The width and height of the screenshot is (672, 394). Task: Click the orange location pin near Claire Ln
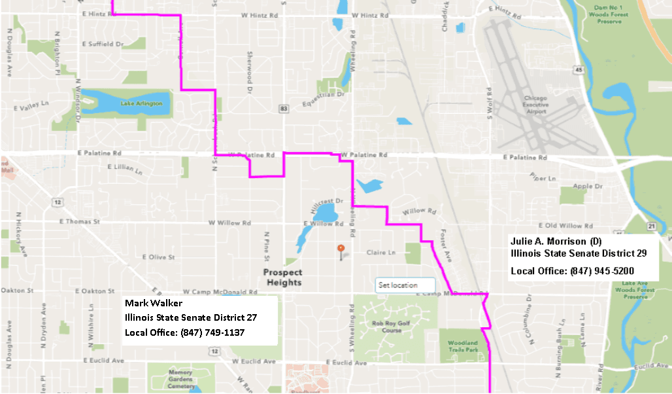[x=340, y=249]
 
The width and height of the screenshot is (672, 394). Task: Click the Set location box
[x=405, y=285]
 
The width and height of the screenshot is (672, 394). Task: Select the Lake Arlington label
[x=137, y=103]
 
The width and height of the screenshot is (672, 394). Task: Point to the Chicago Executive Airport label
[x=535, y=105]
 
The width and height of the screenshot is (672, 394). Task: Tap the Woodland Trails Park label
[x=462, y=346]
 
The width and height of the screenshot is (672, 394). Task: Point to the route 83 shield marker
[x=282, y=107]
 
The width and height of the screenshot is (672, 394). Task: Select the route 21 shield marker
[x=652, y=226]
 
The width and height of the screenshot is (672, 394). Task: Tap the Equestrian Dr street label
[x=323, y=99]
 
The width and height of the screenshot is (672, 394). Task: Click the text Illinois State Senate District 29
[x=579, y=253]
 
